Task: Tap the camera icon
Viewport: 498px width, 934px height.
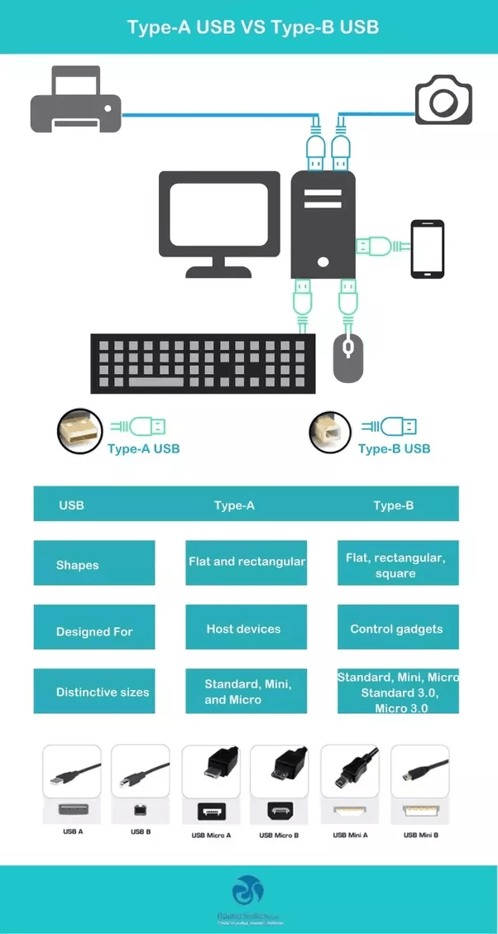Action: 443,100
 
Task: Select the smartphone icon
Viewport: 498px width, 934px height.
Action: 428,249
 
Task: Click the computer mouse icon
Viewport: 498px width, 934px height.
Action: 348,357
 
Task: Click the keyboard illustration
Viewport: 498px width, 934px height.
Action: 203,363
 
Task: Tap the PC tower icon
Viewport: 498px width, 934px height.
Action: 323,224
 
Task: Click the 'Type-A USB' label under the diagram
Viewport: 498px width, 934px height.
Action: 143,448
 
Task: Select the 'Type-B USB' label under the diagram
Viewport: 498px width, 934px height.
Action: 394,448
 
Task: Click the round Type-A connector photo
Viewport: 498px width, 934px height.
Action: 79,431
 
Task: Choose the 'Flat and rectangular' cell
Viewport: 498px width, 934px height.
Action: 247,562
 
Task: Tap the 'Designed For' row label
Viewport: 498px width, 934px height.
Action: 94,631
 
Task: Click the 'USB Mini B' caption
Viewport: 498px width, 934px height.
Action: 420,836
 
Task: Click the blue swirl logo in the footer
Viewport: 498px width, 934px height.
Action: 247,890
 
